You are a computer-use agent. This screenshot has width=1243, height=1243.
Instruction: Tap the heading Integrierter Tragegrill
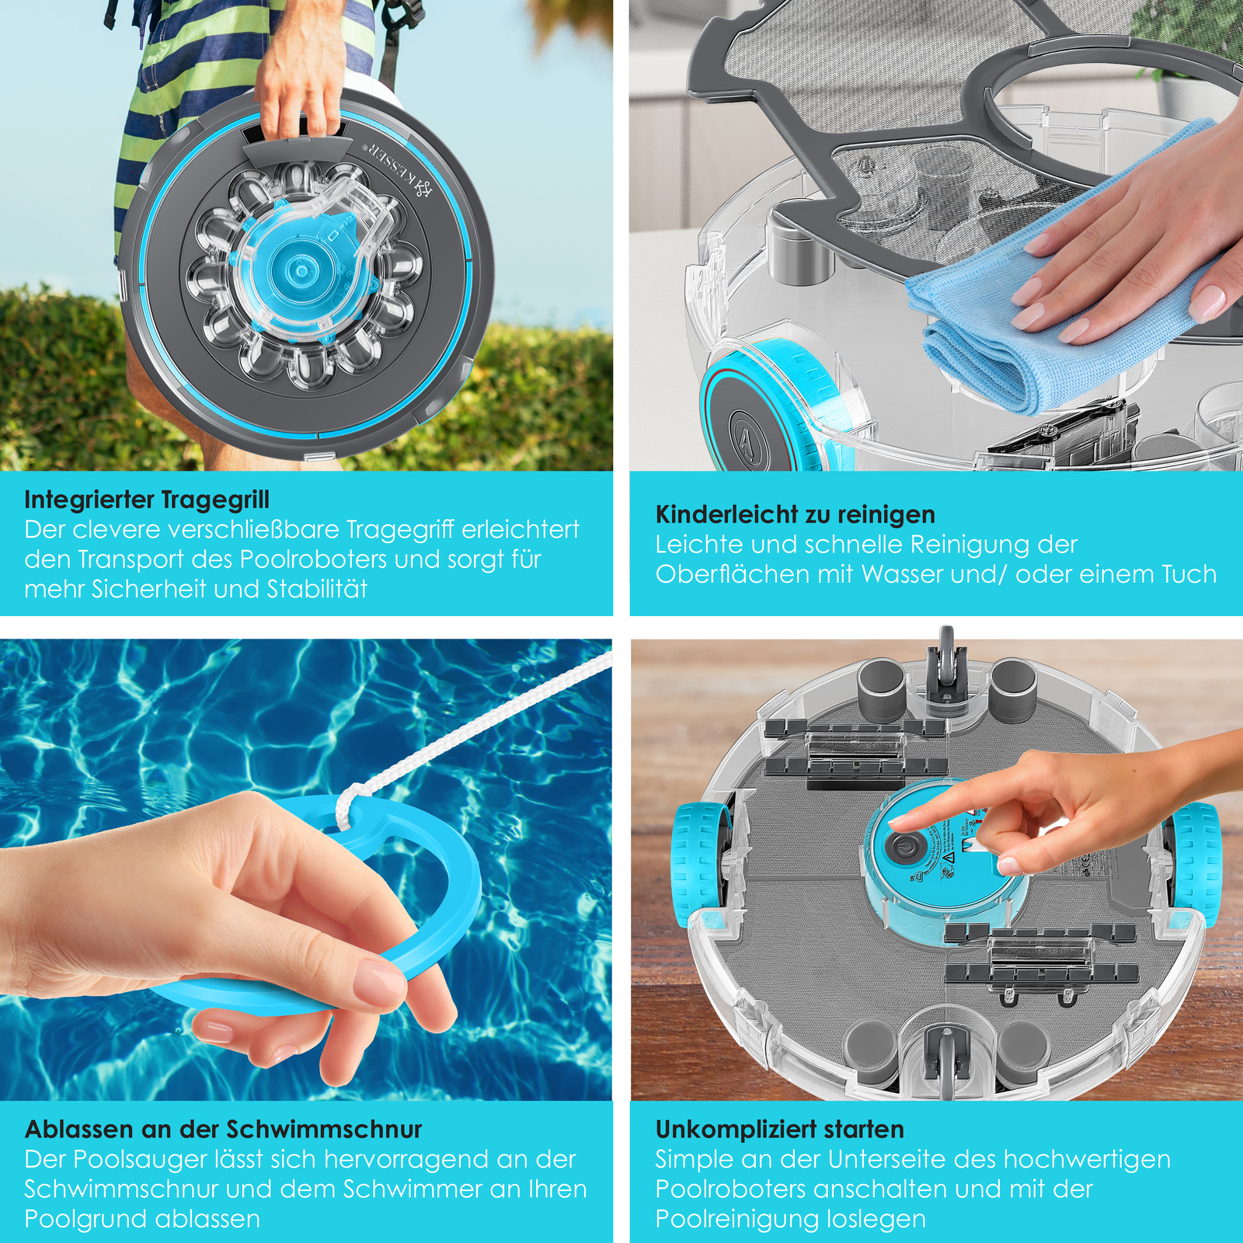(147, 500)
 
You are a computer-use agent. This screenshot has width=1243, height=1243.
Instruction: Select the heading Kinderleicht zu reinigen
(795, 514)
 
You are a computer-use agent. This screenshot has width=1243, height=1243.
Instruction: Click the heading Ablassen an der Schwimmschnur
(223, 1129)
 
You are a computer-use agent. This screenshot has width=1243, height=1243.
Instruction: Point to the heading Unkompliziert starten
(779, 1129)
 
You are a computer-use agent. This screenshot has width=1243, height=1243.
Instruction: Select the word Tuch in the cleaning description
(1189, 574)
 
